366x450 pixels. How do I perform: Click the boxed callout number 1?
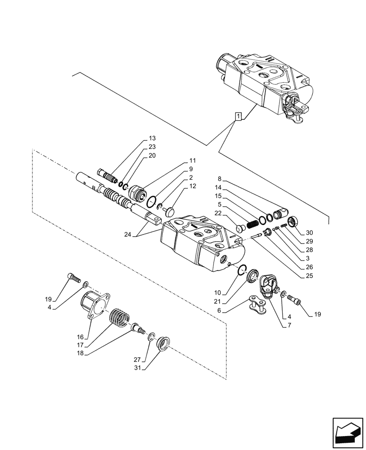[x=238, y=117]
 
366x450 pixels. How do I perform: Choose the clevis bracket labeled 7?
[x=269, y=286]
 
